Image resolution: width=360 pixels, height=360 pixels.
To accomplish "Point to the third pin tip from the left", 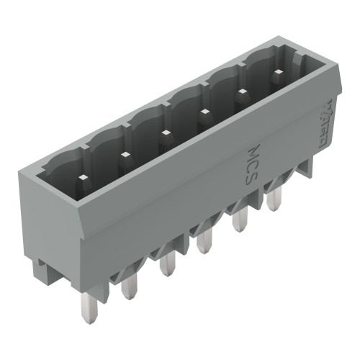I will click(165, 132).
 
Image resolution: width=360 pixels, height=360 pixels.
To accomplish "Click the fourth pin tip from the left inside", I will click(204, 111).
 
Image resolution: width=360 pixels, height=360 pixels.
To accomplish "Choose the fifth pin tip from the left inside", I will click(241, 91).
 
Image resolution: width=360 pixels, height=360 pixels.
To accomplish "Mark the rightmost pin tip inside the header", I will click(277, 73).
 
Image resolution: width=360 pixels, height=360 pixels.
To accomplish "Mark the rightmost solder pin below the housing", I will click(273, 201).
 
